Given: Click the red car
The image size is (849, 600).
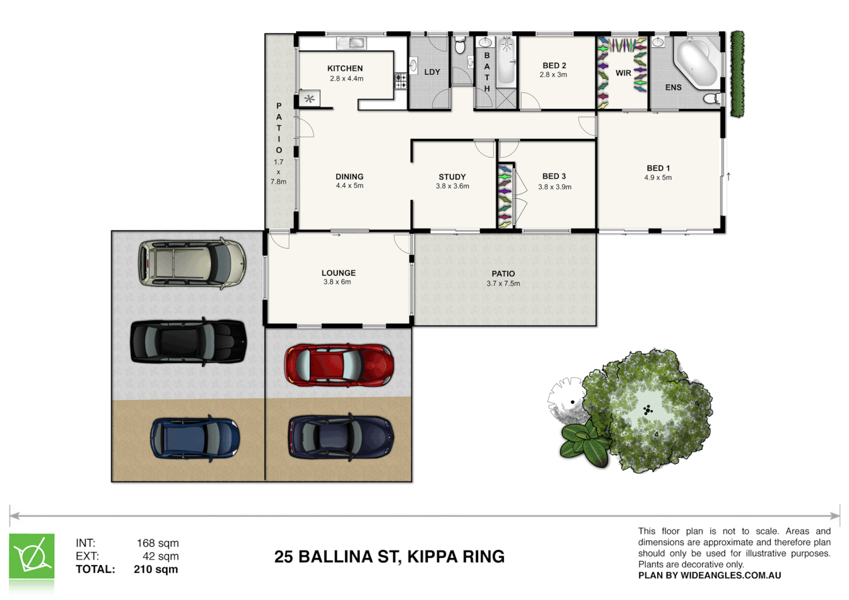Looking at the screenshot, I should (339, 365).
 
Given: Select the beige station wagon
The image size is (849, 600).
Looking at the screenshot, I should (192, 264).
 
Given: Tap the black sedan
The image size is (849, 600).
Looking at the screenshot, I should (188, 342).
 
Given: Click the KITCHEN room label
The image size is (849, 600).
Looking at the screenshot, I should (345, 68).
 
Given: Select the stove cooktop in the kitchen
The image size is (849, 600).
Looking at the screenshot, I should (401, 81).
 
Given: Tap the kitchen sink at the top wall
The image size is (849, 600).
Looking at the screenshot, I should (351, 43).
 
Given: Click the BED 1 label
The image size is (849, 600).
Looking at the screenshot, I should (658, 168).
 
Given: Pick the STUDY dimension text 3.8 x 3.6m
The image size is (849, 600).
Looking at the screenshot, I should (452, 186).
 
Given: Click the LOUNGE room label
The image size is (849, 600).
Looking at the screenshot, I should (338, 273).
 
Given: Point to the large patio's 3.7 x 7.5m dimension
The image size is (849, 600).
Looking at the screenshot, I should (503, 283).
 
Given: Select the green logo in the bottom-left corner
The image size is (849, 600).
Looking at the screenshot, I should (32, 557).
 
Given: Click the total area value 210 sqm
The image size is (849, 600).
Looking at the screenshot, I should (156, 569).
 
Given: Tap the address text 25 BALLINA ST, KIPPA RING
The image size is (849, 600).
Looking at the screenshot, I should (389, 557).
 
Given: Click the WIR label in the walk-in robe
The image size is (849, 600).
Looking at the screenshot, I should (623, 73).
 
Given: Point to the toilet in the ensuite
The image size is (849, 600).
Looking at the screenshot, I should (711, 99).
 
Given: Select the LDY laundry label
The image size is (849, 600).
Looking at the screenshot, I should (431, 72).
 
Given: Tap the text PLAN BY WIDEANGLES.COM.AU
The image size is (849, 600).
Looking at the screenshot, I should (709, 576).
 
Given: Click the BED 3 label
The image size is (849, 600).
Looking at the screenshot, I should (554, 176).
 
